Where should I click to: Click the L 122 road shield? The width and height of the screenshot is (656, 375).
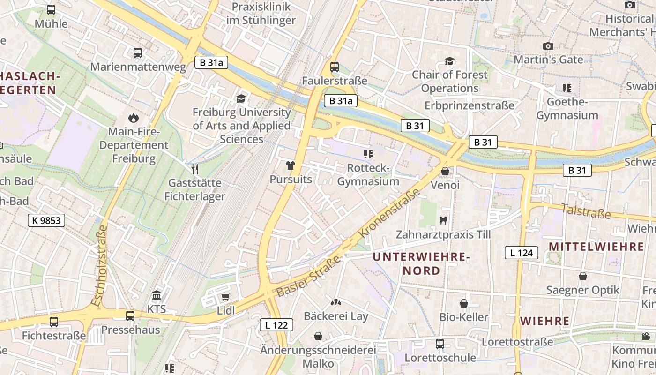[276, 325]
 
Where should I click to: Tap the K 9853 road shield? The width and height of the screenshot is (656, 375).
[46, 220]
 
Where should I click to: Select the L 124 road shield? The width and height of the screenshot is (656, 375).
[521, 253]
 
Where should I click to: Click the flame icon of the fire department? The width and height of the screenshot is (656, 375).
[134, 118]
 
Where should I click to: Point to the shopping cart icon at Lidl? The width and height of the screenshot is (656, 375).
[225, 297]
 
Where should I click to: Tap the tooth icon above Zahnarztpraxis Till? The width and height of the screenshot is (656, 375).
[443, 220]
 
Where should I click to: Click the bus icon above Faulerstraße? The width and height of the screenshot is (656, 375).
[334, 67]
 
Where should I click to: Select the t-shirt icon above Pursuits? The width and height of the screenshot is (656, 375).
[291, 165]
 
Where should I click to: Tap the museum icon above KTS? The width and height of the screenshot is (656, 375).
[157, 295]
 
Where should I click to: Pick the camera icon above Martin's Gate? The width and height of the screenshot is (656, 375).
[548, 46]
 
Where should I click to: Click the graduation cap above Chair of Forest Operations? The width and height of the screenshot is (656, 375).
[449, 61]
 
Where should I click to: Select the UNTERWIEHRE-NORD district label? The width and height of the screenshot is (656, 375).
[421, 263]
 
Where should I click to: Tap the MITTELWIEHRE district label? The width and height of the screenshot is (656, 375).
[596, 247]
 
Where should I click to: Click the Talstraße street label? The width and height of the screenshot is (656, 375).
[586, 211]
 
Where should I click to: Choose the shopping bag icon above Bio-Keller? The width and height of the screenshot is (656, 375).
[463, 303]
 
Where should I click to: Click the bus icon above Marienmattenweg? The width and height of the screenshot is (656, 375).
[137, 53]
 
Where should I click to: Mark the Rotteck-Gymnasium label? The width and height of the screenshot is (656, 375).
[368, 174]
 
